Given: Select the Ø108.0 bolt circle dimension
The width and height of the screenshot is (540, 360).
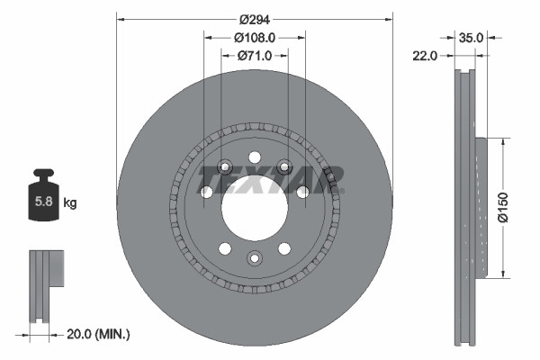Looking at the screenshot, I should tap(255, 38).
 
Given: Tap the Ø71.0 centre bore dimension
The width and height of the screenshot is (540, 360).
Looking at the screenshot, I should tap(255, 56).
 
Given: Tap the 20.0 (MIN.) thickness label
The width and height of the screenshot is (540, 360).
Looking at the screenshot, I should tap(99, 334).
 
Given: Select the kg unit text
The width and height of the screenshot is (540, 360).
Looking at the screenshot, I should tap(69, 203).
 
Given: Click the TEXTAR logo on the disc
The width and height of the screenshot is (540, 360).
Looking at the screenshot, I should tap(270, 179).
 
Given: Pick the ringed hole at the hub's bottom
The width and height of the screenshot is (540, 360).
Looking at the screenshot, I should tap(255, 260).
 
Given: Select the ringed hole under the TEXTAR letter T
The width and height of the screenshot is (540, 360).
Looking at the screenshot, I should tap(224, 168).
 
